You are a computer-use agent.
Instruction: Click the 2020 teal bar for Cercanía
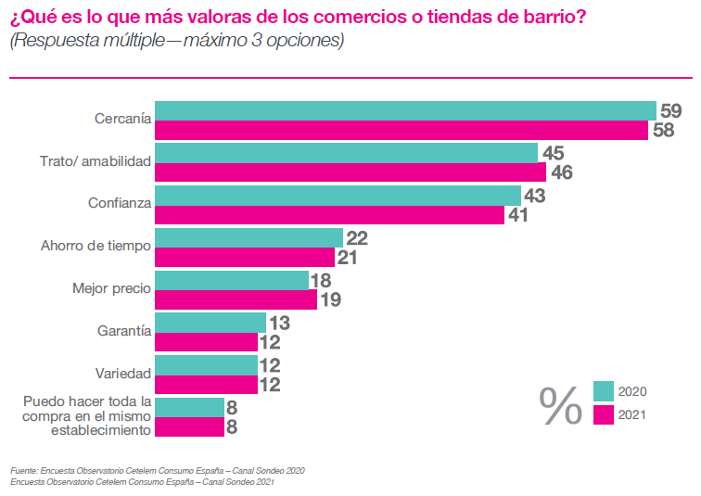405,110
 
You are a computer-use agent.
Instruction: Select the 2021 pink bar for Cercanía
401,131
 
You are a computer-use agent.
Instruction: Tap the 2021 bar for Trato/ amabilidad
350,172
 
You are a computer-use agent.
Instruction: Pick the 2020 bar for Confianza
338,195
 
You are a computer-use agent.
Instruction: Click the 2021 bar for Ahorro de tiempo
245,258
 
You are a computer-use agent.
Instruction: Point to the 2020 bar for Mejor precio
232,280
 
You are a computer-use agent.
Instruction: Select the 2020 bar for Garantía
210,323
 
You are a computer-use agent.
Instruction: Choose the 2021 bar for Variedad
206,385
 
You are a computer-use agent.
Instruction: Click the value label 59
670,109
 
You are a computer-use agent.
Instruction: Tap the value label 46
562,172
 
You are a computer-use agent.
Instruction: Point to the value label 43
534,195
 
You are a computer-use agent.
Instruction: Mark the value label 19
331,300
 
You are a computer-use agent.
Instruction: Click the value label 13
279,323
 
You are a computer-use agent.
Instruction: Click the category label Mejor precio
111,288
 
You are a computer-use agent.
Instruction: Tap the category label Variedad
123,374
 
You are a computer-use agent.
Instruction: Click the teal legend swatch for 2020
604,390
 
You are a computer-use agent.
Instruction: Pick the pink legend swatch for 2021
604,414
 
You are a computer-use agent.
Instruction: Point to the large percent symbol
561,404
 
